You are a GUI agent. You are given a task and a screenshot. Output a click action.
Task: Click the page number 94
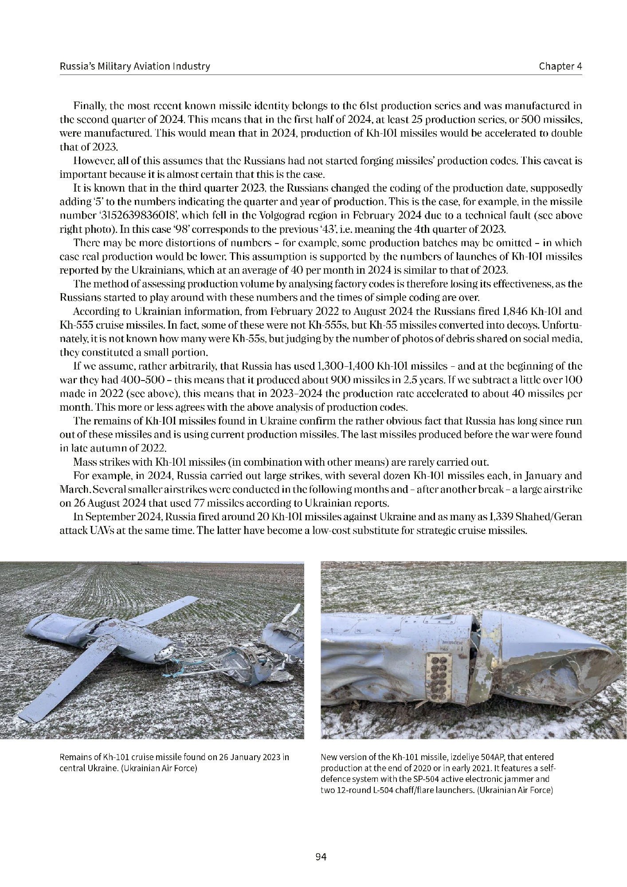321,857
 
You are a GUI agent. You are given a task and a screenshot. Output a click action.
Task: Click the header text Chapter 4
560,66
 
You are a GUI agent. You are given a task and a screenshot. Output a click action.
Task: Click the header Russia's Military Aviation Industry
135,66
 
